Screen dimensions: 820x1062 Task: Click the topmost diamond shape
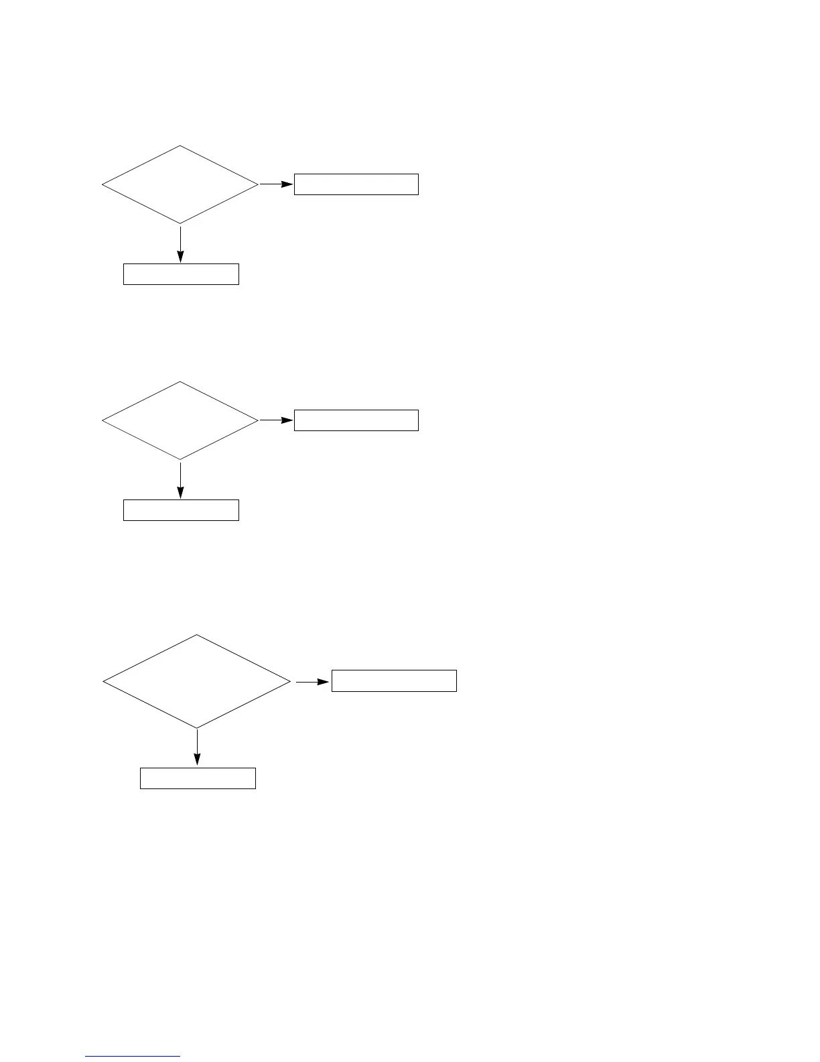180,184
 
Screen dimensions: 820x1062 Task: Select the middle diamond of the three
180,420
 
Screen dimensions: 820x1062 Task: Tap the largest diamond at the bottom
197,681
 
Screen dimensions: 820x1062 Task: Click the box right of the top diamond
356,184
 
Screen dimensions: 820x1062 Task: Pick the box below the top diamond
181,274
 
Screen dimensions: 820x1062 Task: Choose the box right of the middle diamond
356,420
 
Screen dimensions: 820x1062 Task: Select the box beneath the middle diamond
181,510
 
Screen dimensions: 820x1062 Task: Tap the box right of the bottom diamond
394,681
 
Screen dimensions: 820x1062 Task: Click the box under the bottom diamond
198,778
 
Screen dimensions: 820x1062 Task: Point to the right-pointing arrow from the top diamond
276,184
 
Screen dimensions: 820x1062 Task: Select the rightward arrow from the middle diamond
276,420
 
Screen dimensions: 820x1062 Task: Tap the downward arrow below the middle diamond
180,479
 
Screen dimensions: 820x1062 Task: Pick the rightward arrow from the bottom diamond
313,682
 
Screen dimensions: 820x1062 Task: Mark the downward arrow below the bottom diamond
197,747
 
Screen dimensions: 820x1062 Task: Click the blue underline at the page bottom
133,1057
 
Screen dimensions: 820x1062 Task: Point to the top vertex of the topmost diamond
180,145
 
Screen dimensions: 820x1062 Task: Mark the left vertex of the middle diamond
102,421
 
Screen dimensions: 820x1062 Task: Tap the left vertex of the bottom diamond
103,681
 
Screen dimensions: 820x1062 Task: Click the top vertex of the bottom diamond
197,635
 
